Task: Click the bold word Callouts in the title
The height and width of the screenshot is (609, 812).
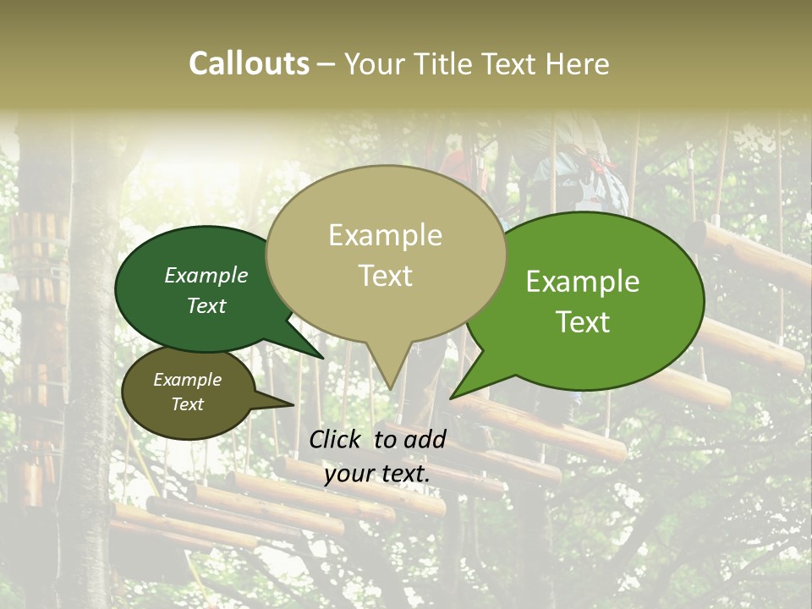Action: tap(249, 63)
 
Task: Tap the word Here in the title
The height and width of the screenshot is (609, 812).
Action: tap(579, 63)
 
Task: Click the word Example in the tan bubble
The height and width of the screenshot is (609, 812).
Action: tap(385, 235)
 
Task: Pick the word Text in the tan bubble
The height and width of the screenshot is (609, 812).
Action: tap(385, 276)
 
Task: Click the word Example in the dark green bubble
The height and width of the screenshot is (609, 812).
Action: tap(206, 275)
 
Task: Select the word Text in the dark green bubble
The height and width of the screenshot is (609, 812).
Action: tap(206, 305)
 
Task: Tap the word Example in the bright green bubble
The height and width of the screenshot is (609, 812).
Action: tap(583, 282)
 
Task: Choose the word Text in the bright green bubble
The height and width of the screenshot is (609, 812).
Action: tap(583, 322)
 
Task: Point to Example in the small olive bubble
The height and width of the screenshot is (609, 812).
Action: tap(187, 380)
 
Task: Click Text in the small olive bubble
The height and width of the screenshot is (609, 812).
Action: tap(187, 404)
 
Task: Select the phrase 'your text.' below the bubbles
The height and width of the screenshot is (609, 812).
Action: tap(377, 474)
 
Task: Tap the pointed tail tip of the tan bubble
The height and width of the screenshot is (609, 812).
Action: tap(390, 389)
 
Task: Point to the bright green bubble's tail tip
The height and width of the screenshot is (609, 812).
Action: tap(451, 398)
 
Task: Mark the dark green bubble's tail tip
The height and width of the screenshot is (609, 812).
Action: tap(322, 358)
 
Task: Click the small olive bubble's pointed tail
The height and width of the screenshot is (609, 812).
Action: tap(293, 404)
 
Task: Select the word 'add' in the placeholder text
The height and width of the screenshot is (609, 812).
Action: tap(425, 439)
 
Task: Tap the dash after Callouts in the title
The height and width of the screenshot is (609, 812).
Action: tap(326, 63)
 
